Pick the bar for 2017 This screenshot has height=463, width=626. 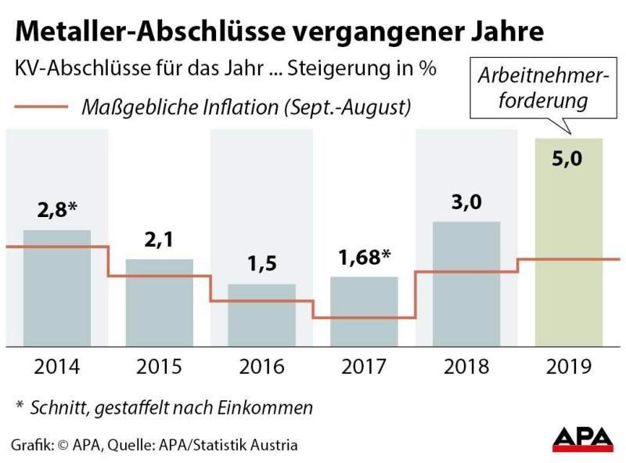364,311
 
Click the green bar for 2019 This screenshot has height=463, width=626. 569,242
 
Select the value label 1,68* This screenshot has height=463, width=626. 365,258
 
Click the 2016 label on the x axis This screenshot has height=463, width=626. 261,366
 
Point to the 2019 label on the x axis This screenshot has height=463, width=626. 569,366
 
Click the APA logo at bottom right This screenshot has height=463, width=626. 584,439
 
